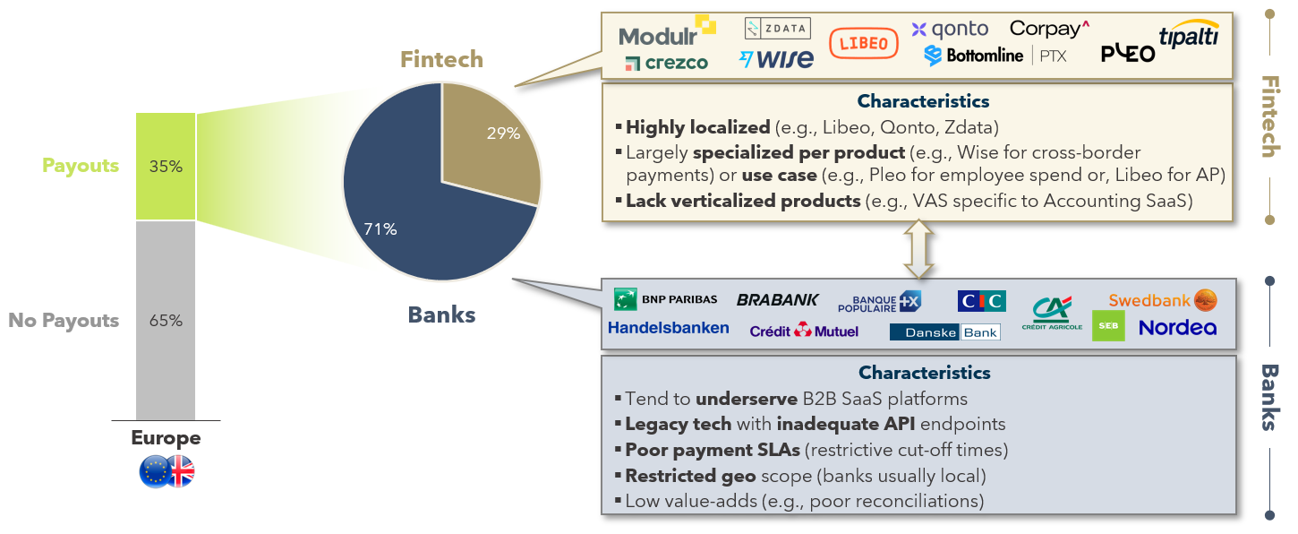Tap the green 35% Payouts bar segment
click(166, 167)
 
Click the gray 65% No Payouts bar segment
click(166, 321)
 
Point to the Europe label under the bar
click(166, 438)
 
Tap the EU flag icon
click(155, 471)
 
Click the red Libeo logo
click(864, 44)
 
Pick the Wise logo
click(776, 58)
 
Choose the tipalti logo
click(1189, 34)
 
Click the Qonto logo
click(950, 29)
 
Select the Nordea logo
click(1177, 328)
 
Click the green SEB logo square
click(1108, 326)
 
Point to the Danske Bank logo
click(945, 332)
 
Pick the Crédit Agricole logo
click(1052, 314)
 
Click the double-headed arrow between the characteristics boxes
click(919, 249)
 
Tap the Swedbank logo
click(1163, 300)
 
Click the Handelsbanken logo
click(668, 328)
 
